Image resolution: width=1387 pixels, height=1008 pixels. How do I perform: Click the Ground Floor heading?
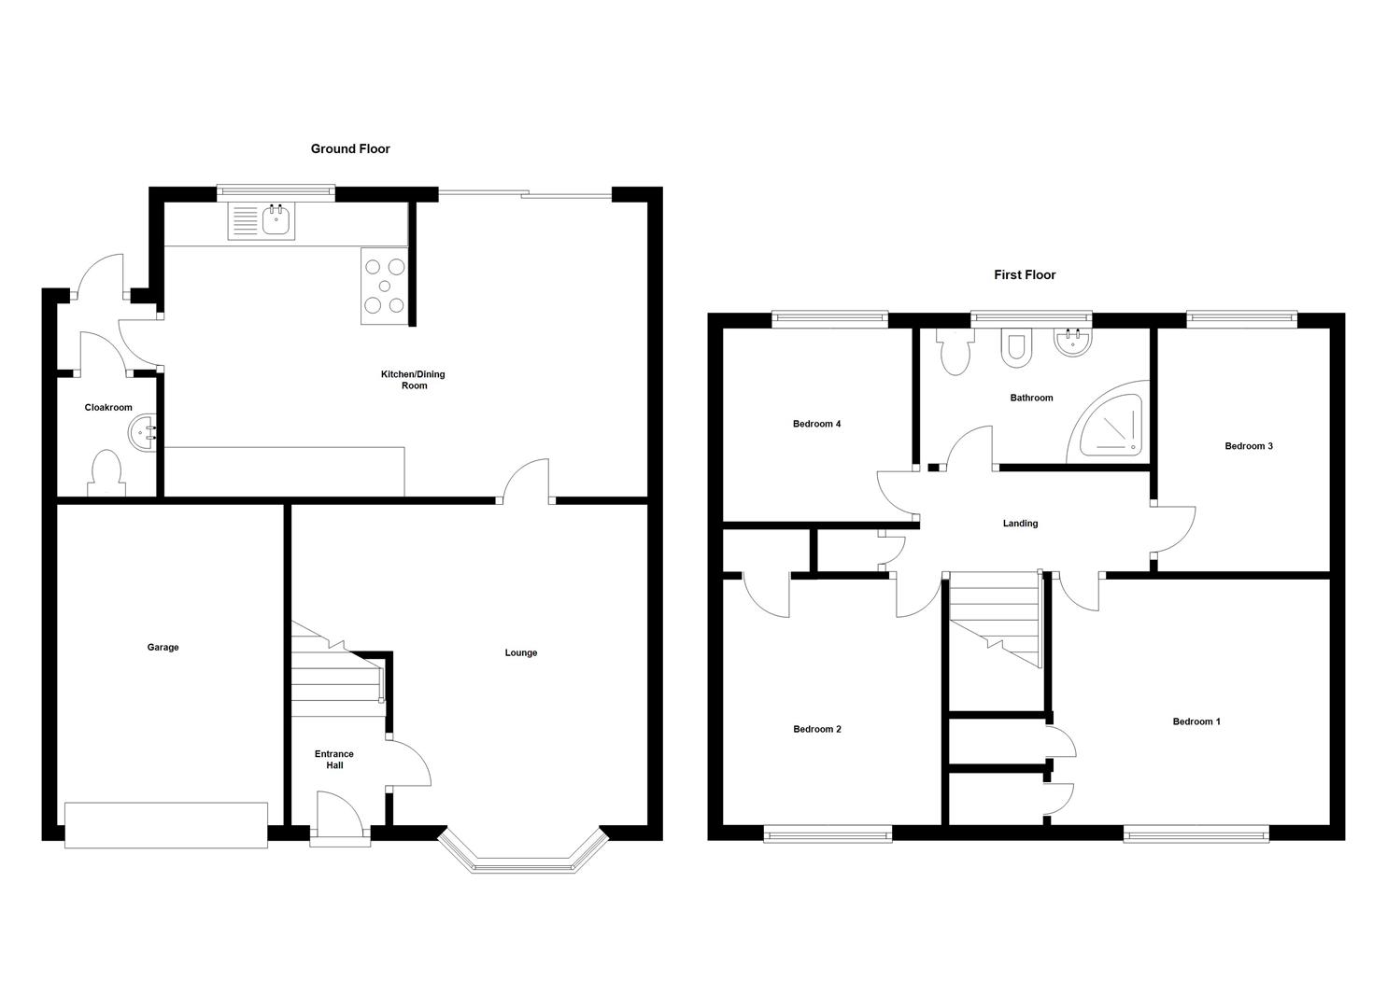(350, 149)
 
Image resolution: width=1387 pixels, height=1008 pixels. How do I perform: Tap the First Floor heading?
(1025, 275)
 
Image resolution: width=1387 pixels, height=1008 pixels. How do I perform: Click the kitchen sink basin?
(276, 221)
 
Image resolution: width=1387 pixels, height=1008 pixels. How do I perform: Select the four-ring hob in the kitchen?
(384, 286)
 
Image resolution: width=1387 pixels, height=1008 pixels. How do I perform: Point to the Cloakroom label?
(108, 408)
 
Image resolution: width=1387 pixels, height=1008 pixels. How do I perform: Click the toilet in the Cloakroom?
(106, 472)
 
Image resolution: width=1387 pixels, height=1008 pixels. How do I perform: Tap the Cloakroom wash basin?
(142, 432)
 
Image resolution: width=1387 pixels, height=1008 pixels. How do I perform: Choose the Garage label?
(163, 648)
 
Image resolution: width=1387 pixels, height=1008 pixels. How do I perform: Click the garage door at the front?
(166, 825)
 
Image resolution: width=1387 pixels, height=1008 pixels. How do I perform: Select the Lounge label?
(521, 653)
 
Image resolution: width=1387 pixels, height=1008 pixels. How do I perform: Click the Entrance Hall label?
(334, 760)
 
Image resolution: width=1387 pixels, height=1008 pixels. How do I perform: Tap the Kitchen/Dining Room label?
(413, 380)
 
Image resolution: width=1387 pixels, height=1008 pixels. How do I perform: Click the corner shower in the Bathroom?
(1112, 426)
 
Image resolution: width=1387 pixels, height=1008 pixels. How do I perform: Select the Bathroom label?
(1031, 399)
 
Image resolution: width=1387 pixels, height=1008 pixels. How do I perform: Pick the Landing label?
(1020, 524)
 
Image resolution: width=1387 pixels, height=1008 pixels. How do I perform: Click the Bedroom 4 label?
(816, 425)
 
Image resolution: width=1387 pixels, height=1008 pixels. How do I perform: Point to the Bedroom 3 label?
(1249, 446)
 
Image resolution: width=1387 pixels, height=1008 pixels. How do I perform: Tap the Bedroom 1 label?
(1196, 721)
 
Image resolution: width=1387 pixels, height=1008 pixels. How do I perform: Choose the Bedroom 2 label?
(817, 730)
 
